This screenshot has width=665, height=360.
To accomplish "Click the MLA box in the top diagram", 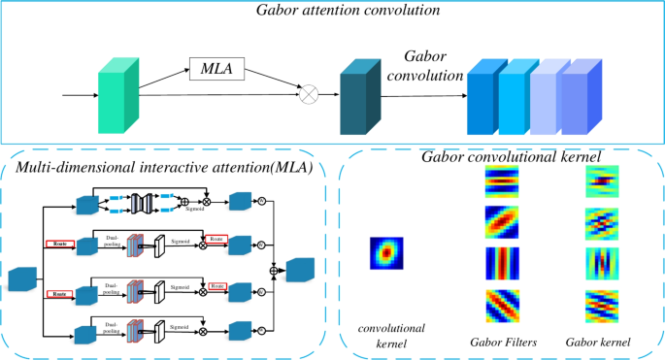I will [x=216, y=69].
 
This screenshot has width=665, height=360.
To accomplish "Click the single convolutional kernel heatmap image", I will [x=384, y=253].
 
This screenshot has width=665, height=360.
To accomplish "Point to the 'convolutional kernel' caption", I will [x=385, y=336].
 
